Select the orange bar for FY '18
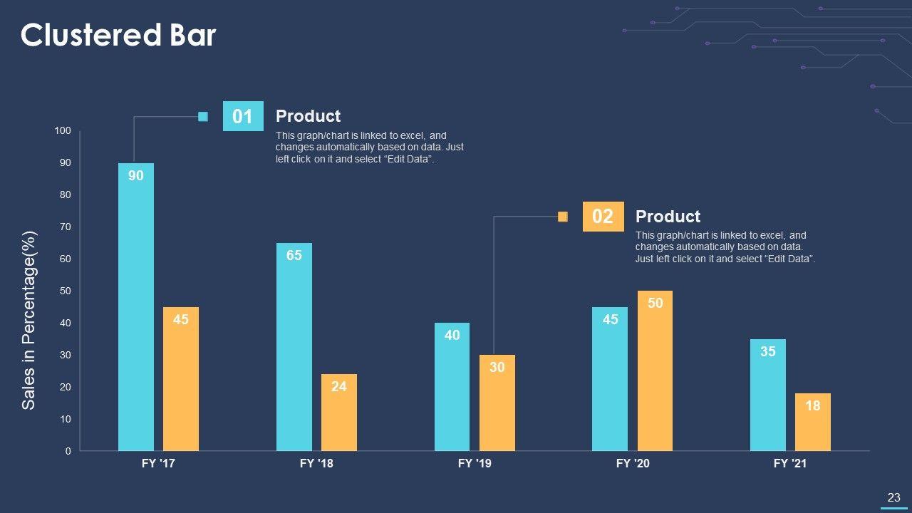tap(338, 413)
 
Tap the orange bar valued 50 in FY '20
tap(655, 370)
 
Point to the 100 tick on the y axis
tap(63, 131)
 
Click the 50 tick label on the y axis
tap(64, 291)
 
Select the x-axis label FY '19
tap(475, 464)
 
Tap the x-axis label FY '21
tap(790, 464)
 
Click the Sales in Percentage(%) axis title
tap(28, 320)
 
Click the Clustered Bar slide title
tap(118, 35)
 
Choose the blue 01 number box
tap(243, 116)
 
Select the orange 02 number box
tap(603, 217)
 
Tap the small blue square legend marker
tap(203, 117)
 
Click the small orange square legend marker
tap(563, 217)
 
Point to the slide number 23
tap(893, 498)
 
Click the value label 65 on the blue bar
tap(294, 255)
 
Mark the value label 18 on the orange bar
tap(813, 405)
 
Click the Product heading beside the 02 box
tap(668, 217)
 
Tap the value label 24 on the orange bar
tap(339, 387)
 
